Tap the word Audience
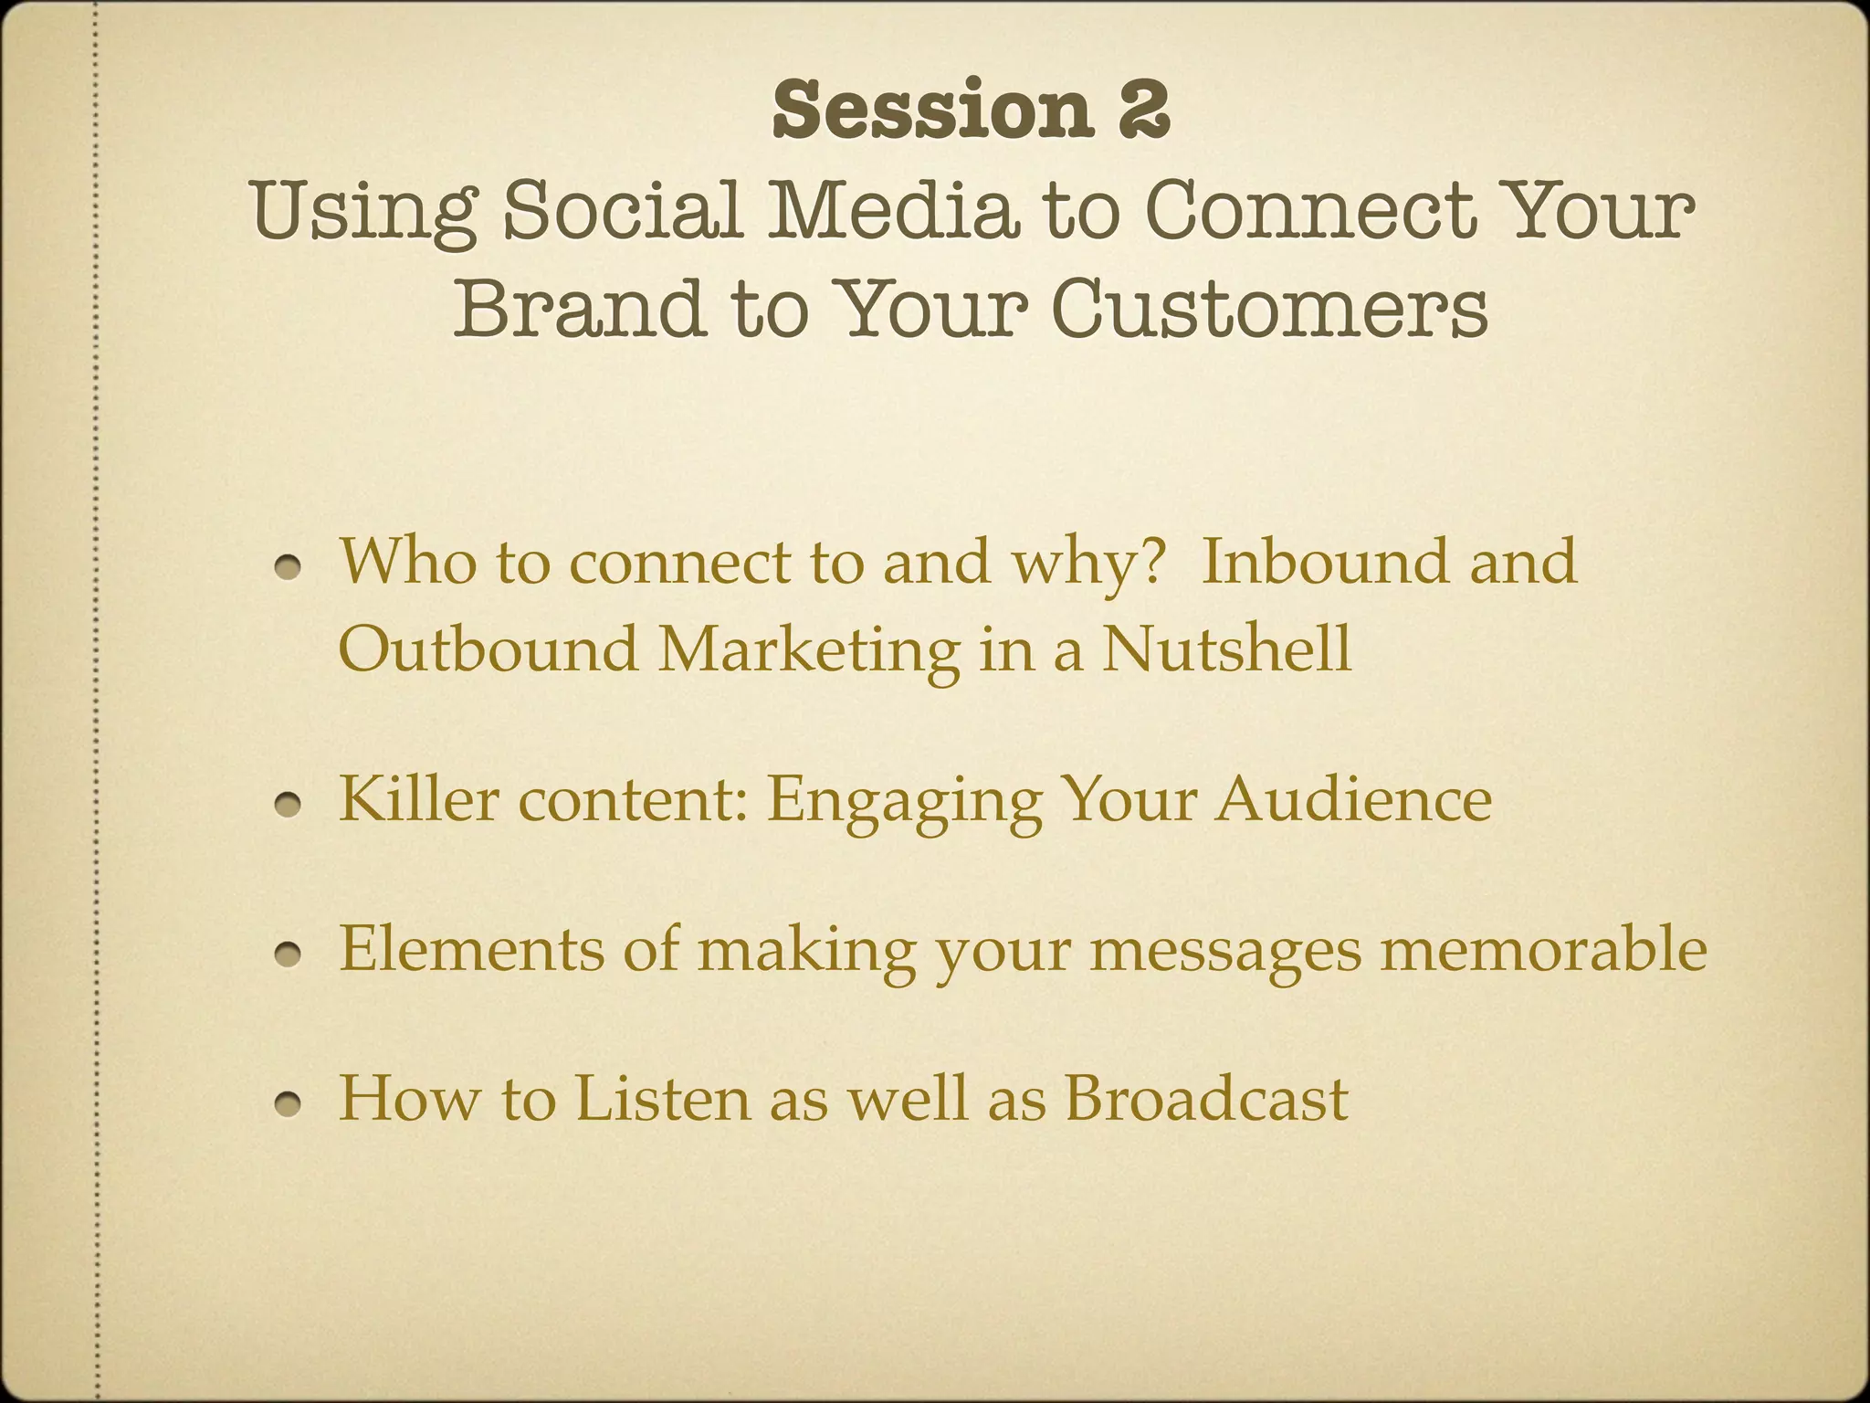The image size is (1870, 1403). coord(1353,798)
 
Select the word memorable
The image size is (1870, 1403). coord(1542,948)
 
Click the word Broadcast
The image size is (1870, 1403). coord(1205,1098)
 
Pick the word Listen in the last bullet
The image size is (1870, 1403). coord(662,1098)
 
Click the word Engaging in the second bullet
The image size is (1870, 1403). coord(904,800)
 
